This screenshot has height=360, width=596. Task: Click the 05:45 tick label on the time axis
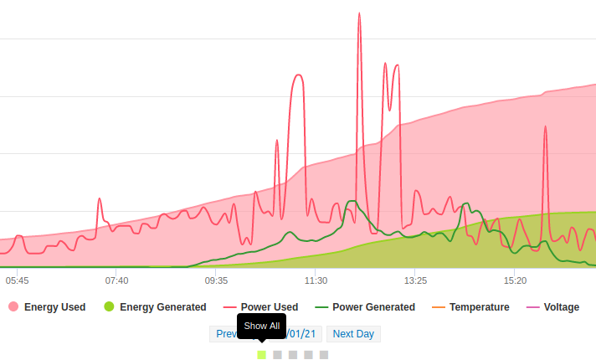click(18, 280)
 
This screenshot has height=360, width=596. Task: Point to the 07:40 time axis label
click(117, 280)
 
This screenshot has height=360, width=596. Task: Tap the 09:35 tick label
click(216, 280)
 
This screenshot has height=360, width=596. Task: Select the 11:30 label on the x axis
click(316, 280)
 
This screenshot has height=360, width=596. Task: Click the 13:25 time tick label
click(415, 280)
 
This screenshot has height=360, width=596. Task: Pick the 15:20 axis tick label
click(515, 280)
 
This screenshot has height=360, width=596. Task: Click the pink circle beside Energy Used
click(13, 307)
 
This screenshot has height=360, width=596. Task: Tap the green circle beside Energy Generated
click(109, 307)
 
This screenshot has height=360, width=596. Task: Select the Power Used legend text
click(270, 307)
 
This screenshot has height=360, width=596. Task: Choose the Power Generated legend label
click(373, 307)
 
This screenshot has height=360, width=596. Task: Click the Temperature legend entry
click(479, 307)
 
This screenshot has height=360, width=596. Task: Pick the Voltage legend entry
click(561, 307)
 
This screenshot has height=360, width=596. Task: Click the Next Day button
click(353, 334)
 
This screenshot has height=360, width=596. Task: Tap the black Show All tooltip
click(262, 326)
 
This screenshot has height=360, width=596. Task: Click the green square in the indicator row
click(262, 355)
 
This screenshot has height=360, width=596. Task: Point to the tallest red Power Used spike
click(359, 14)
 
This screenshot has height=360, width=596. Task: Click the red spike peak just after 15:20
click(545, 127)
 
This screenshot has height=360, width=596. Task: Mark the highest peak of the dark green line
click(352, 201)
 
